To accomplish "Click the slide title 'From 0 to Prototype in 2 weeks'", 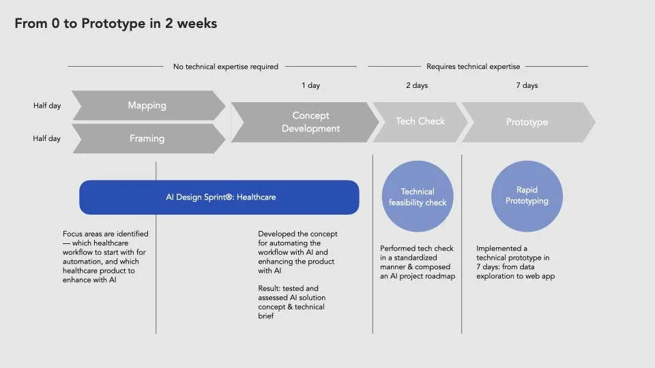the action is click(116, 24).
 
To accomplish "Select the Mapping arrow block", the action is click(147, 106).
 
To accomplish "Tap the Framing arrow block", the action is click(147, 138).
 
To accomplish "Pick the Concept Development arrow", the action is click(307, 122).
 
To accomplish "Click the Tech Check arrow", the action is click(420, 121).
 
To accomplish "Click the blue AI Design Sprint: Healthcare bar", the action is click(220, 197).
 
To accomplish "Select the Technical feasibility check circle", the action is click(417, 197).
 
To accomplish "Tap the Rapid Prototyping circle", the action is click(527, 196).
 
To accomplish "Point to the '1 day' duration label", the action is click(310, 86).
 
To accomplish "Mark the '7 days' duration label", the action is click(527, 86).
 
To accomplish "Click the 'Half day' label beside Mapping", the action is click(47, 106).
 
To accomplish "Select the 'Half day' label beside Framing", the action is click(47, 138).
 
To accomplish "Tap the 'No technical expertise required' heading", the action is click(226, 67).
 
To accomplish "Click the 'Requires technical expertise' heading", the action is click(473, 67).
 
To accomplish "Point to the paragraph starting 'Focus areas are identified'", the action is click(106, 257).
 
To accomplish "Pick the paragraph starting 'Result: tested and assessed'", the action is click(292, 302).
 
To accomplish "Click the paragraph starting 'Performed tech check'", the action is click(418, 262).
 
